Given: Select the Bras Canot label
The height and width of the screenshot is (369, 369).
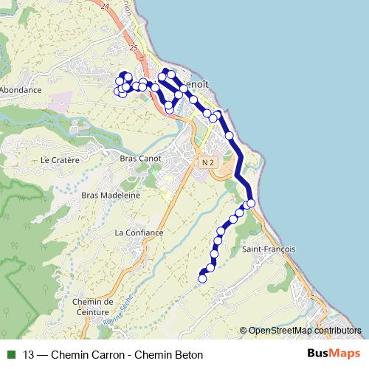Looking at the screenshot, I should [138, 158].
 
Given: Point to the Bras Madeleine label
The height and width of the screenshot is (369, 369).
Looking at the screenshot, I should [111, 195].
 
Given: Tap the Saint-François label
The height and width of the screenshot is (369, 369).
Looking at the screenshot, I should [269, 249].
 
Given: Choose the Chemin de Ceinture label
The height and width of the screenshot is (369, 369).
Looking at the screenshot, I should [92, 306].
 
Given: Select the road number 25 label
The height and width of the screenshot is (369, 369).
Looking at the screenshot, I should [133, 47].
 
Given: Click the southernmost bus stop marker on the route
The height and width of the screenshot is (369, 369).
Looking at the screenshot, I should [203, 278].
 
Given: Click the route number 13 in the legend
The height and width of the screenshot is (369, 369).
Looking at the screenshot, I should [29, 355].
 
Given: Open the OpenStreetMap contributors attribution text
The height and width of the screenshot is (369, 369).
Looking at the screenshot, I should [304, 331].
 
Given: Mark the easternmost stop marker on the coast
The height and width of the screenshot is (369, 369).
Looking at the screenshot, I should [251, 203].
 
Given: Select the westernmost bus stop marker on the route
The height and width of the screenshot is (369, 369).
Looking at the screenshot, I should [117, 91].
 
